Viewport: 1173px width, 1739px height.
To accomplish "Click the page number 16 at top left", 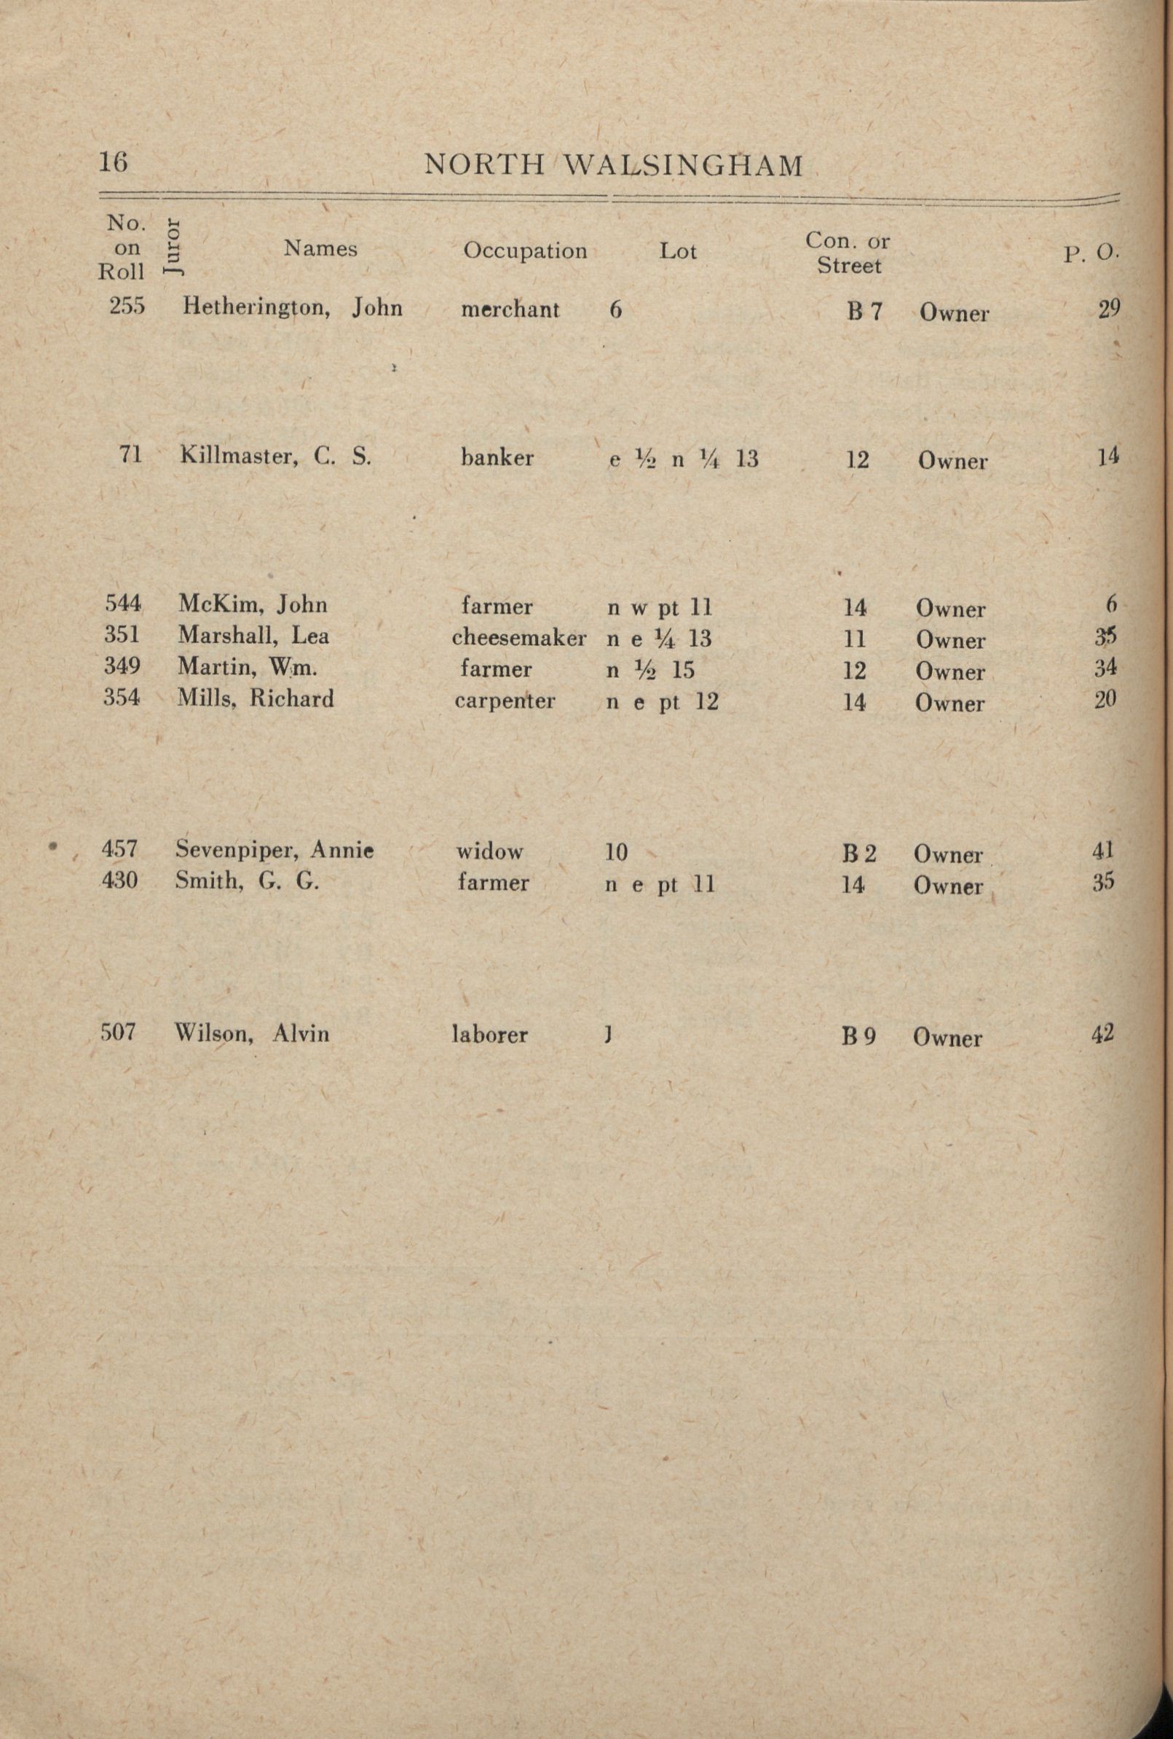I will [113, 162].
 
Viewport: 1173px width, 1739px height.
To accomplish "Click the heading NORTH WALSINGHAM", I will [613, 165].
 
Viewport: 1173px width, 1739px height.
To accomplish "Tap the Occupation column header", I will [524, 251].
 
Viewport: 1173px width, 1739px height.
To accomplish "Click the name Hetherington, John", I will [293, 307].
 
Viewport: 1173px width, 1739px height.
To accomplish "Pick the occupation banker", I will [497, 458].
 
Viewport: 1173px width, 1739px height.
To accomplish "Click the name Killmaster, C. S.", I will [275, 457].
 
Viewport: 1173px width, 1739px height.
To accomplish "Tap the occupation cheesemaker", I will [519, 638].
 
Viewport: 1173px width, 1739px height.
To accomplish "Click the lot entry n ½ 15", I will [650, 669].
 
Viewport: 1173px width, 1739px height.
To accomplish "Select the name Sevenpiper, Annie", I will [275, 851].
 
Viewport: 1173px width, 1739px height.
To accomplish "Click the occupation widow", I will [490, 851].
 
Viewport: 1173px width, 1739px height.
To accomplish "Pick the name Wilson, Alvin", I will [252, 1033].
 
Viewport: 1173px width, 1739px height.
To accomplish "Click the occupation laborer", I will [490, 1036].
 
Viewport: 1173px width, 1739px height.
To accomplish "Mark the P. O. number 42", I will [1102, 1033].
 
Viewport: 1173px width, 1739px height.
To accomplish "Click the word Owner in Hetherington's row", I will [954, 313].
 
